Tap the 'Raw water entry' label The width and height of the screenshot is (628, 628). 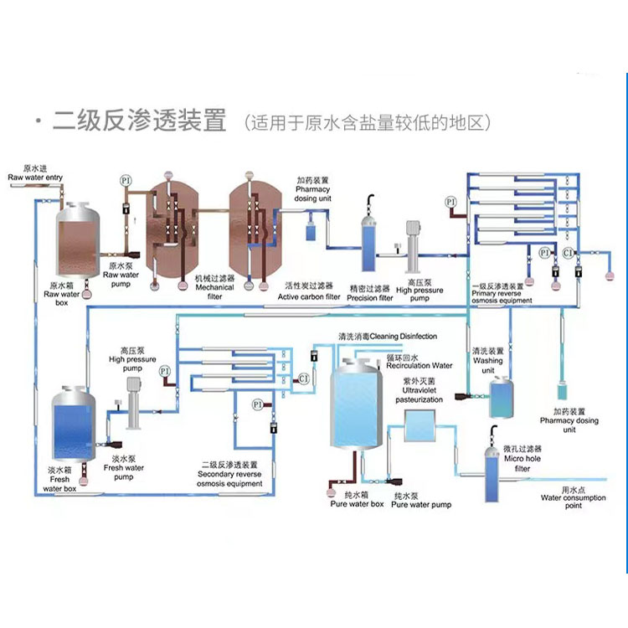[x=34, y=178]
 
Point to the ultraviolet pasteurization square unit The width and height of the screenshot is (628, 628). [x=420, y=427]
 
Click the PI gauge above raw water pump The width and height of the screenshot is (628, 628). [x=126, y=181]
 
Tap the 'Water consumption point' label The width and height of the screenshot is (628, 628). [x=573, y=502]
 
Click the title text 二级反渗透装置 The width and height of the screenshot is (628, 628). [x=139, y=121]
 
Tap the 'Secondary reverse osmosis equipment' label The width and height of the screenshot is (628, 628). [x=229, y=475]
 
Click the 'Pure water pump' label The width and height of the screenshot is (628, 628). [x=420, y=505]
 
